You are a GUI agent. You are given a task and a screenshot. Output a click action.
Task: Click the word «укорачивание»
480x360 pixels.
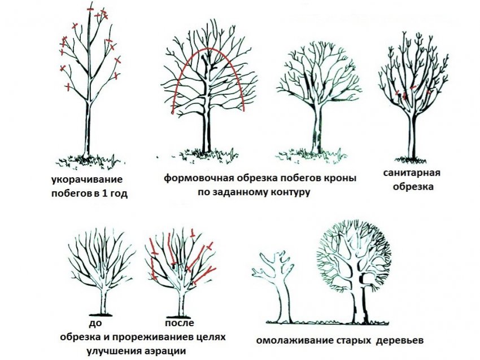(85, 180)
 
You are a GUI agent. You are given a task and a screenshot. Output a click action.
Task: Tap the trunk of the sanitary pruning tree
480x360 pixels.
(414, 135)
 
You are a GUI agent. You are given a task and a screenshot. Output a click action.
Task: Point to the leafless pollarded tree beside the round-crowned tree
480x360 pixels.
(277, 282)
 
